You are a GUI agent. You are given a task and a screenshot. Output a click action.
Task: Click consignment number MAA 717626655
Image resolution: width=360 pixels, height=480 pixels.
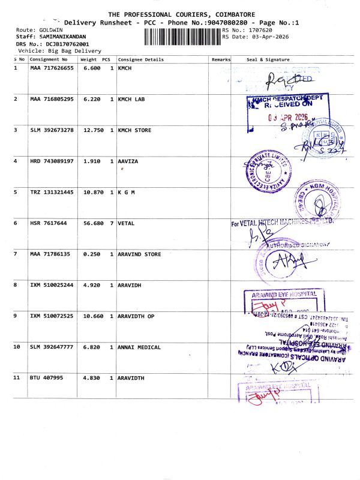pyautogui.click(x=52, y=68)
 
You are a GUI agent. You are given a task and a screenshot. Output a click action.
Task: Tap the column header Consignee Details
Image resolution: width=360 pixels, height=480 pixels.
pyautogui.click(x=140, y=60)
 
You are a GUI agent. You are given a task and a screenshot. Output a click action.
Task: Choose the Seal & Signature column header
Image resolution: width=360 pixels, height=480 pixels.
pyautogui.click(x=268, y=60)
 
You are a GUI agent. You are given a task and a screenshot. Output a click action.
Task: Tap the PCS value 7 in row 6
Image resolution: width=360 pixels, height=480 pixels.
pyautogui.click(x=112, y=223)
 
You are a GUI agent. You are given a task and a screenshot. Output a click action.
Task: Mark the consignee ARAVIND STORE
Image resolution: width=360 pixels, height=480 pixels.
pyautogui.click(x=139, y=254)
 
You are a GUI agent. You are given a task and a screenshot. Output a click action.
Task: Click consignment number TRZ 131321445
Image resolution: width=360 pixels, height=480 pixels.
pyautogui.click(x=52, y=193)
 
